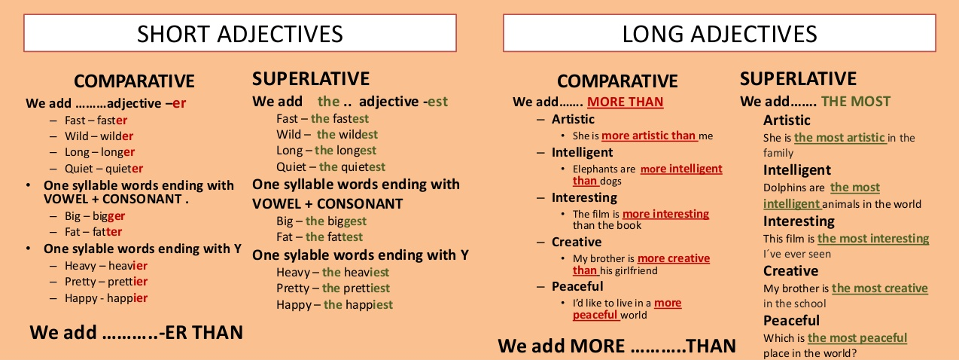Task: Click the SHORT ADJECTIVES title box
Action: [x=239, y=34]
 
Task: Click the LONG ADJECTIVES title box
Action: [x=719, y=34]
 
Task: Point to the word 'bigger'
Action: [x=109, y=216]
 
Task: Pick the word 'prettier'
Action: [x=129, y=282]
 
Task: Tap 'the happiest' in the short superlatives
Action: [x=358, y=305]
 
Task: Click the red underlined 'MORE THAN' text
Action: [x=625, y=102]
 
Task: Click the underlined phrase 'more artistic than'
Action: [x=649, y=136]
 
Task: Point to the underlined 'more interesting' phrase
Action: [x=665, y=214]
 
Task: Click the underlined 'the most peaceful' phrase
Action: [x=857, y=338]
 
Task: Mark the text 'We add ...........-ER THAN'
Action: [x=136, y=332]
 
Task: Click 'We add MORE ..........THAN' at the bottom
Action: [x=616, y=346]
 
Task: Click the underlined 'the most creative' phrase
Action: [x=879, y=288]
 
